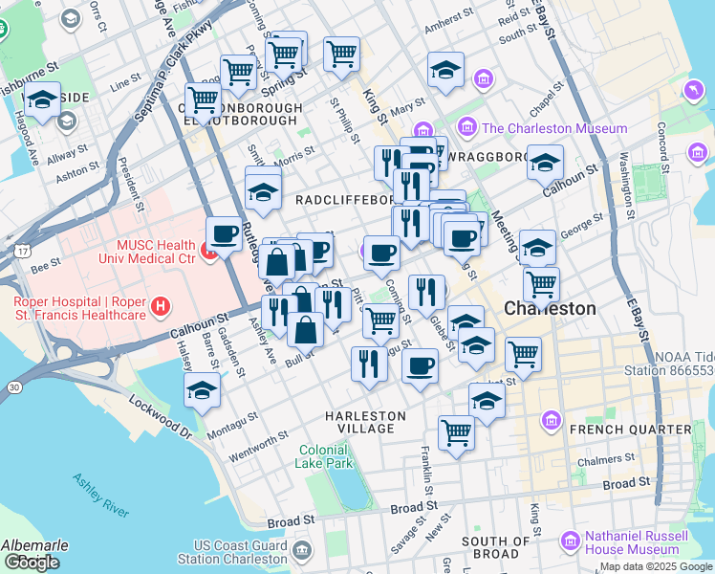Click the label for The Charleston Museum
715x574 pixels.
(554, 128)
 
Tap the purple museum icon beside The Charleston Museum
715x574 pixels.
(468, 127)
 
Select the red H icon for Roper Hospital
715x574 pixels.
(161, 308)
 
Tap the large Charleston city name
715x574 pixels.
(550, 309)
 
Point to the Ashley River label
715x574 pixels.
(100, 497)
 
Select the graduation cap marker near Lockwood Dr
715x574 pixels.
(202, 389)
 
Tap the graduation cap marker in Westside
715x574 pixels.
(42, 99)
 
